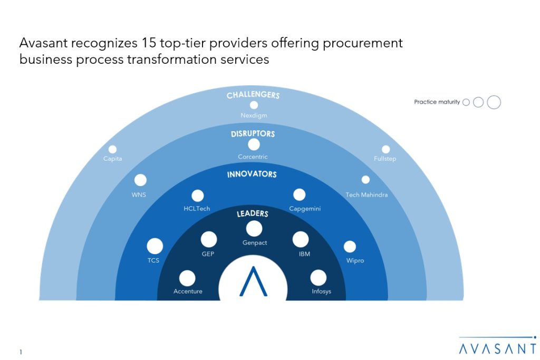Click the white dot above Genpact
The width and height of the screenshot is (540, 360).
[x=254, y=229]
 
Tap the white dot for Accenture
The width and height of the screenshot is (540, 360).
[x=187, y=278]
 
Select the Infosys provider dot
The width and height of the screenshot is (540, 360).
[x=318, y=278]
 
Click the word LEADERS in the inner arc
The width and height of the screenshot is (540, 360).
[x=253, y=213]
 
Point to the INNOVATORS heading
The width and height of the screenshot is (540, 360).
[x=252, y=174]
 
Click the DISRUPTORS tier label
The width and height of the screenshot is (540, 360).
[x=253, y=134]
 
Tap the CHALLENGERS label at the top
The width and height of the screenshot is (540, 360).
[x=253, y=95]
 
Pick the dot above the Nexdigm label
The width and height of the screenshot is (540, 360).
[x=254, y=105]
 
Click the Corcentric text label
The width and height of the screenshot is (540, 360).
[x=253, y=157]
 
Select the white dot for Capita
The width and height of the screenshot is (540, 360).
[x=113, y=149]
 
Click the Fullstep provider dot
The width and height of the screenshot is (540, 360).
[x=385, y=149]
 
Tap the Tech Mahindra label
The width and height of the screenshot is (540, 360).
[x=367, y=195]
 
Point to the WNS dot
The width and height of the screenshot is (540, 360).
[x=140, y=180]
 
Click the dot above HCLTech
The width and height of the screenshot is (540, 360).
[x=198, y=196]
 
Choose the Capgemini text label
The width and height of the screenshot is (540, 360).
[x=305, y=209]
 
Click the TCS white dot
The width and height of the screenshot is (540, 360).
[x=155, y=246]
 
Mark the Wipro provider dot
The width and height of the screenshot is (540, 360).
[x=350, y=247]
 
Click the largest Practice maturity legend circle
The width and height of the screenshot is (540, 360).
[x=494, y=102]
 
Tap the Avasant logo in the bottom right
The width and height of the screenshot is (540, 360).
[x=498, y=345]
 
